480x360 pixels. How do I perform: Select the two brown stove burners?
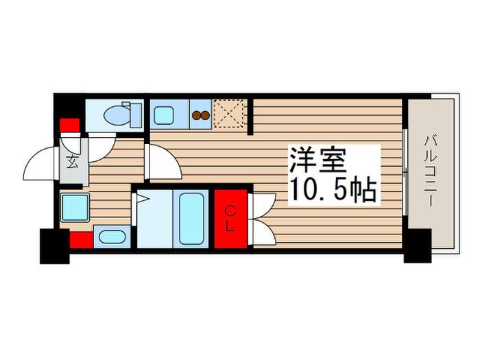(x=201, y=115)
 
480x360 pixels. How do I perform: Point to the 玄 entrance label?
(x=72, y=163)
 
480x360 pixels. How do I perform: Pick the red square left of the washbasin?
(x=80, y=241)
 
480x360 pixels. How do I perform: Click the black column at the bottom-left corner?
(x=55, y=246)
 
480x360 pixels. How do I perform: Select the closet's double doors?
(x=263, y=219)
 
